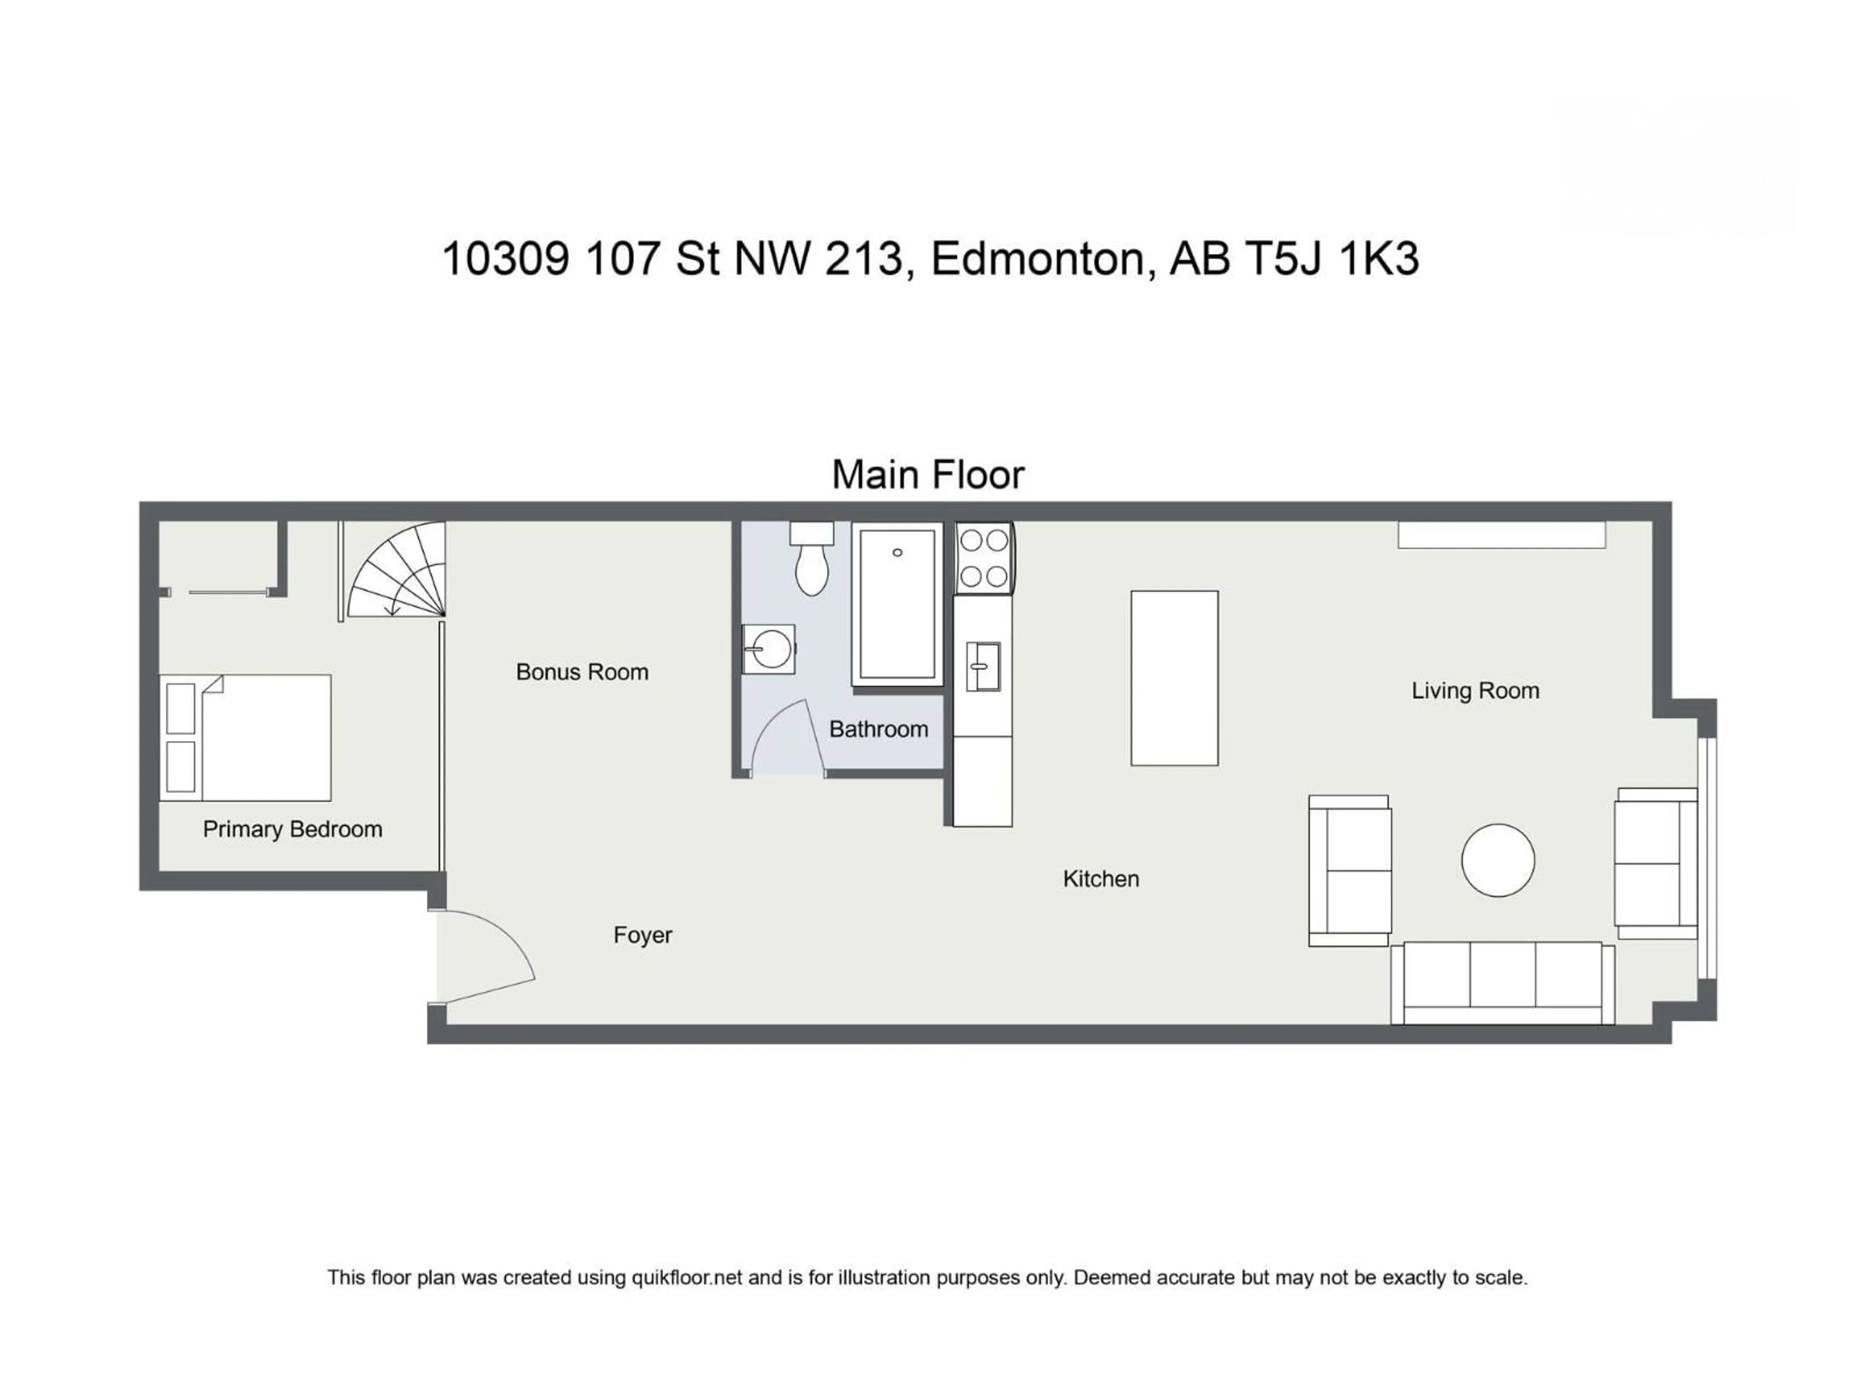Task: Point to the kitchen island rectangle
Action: coord(1174,678)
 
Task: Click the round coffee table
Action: coord(1498,860)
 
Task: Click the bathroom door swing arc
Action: coord(784,739)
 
